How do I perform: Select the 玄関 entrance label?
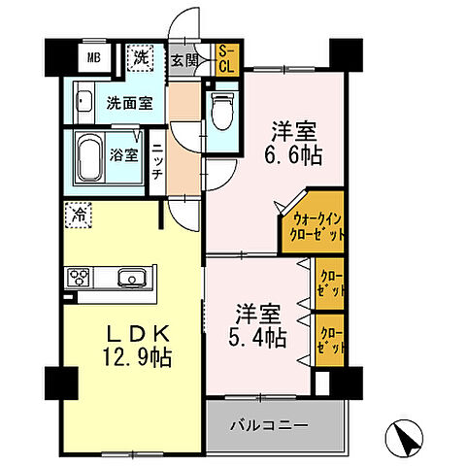pos(184,59)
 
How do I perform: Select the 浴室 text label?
pos(123,154)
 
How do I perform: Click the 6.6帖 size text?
pos(296,154)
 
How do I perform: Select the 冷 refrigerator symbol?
pos(77,212)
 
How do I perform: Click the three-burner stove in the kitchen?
pos(80,279)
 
